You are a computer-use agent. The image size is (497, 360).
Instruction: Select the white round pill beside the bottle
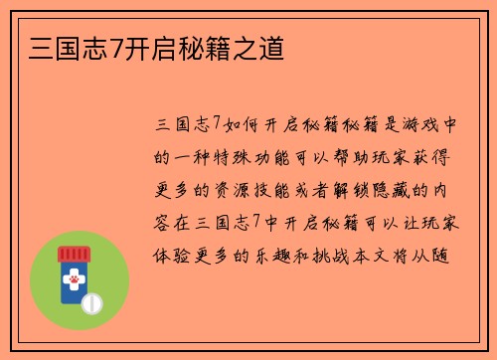coord(91,301)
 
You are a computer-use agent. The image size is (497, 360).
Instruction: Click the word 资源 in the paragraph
coord(249,189)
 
